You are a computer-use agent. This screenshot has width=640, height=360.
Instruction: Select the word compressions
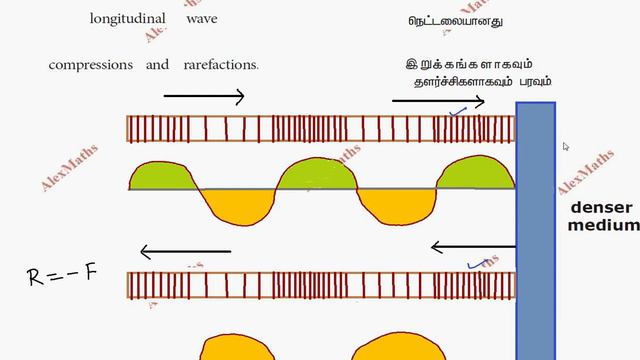(91, 65)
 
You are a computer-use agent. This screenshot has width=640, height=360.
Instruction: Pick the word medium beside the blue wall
(603, 225)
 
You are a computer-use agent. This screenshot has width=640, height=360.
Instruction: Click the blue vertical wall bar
(535, 230)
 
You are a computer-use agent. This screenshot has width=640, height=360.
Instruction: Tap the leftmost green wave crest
(165, 175)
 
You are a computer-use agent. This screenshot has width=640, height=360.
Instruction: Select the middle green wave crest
(318, 175)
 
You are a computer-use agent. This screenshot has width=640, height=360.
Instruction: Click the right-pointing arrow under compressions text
(204, 97)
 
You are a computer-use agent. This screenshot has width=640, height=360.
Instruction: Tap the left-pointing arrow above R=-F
(186, 252)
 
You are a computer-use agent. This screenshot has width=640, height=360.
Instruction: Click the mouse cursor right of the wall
(566, 147)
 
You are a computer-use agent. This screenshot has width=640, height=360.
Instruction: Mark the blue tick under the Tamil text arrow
(459, 112)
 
